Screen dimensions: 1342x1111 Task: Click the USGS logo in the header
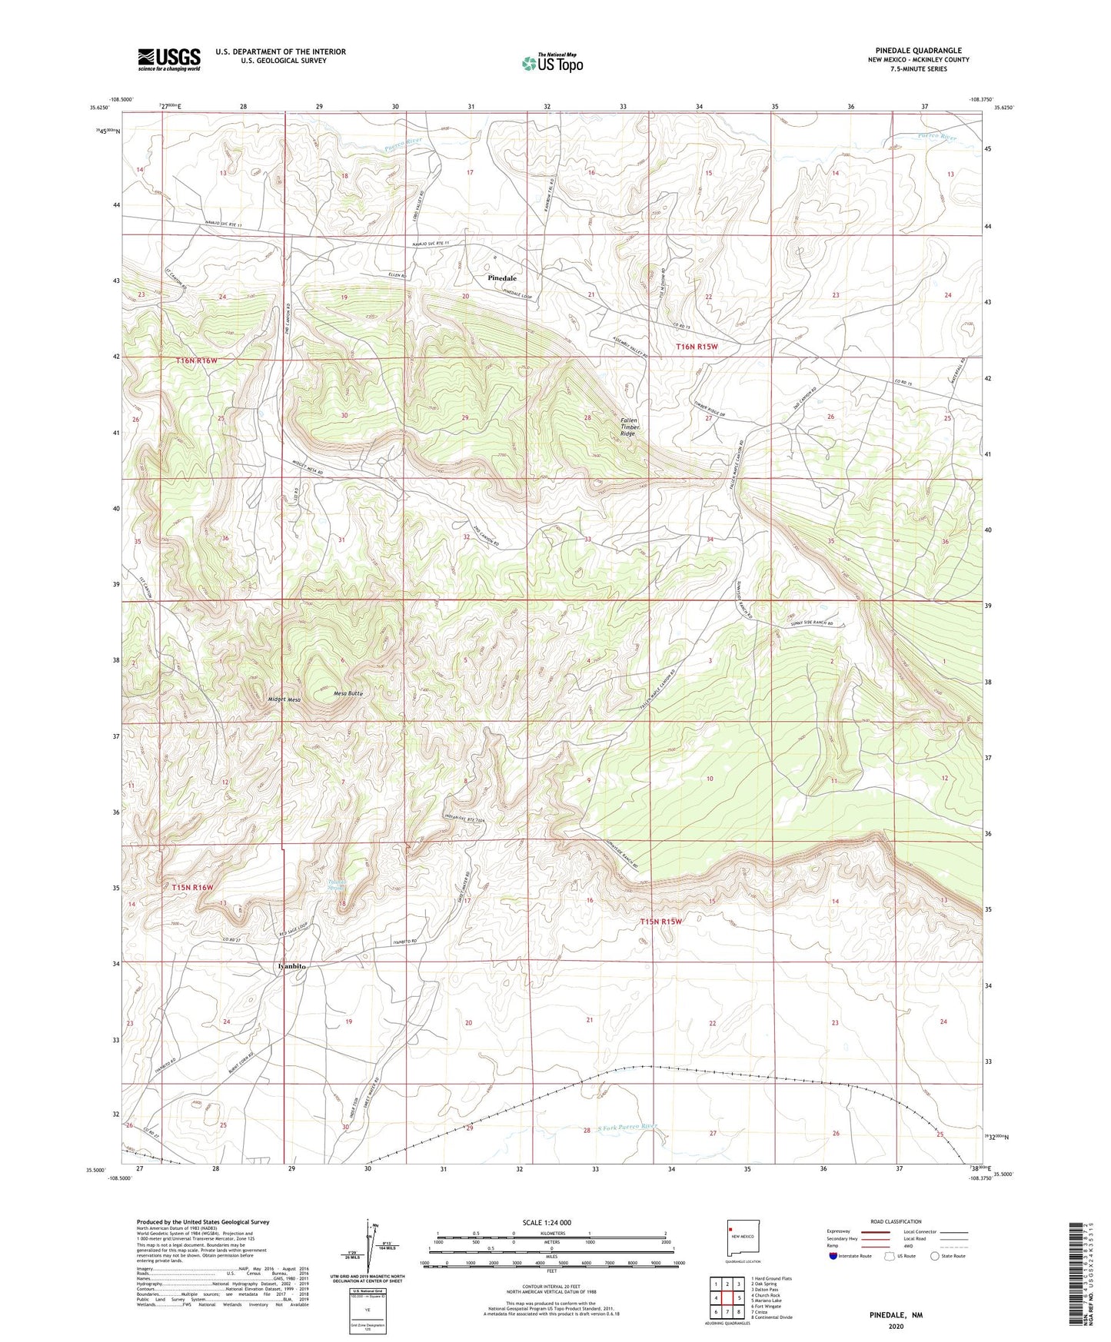click(169, 59)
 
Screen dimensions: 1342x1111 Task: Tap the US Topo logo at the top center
click(552, 63)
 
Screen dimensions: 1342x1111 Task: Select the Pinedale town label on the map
click(501, 277)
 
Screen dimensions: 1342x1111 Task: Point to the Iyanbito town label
click(291, 966)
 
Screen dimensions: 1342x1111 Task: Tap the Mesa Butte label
click(348, 693)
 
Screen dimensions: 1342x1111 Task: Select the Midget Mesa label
click(284, 699)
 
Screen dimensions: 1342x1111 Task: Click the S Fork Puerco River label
click(628, 1126)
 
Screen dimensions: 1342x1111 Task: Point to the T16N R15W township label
click(697, 347)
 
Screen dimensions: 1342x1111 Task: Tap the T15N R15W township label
click(661, 921)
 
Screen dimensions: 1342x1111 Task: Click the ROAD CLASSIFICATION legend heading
click(896, 1221)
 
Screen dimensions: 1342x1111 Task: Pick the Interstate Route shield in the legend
click(835, 1256)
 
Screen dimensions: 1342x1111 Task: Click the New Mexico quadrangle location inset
click(743, 1238)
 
